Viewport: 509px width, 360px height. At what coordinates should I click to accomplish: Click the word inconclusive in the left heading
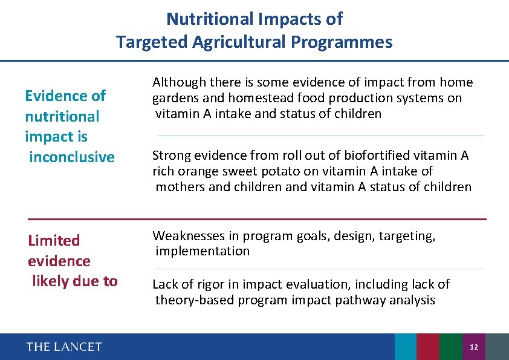pos(71,157)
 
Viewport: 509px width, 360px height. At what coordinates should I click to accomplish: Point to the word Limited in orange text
pos(54,241)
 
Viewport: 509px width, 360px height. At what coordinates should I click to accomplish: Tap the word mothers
pos(180,187)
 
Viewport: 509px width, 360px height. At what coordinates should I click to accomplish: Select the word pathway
pos(365,300)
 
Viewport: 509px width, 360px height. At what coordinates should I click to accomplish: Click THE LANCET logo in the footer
pos(64,347)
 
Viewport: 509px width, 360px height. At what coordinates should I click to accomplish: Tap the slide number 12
pos(474,347)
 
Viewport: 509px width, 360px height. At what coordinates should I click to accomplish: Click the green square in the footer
pos(450,347)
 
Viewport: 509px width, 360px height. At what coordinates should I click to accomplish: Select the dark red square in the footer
pos(427,347)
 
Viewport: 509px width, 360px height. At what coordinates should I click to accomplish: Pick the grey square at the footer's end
pos(497,347)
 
